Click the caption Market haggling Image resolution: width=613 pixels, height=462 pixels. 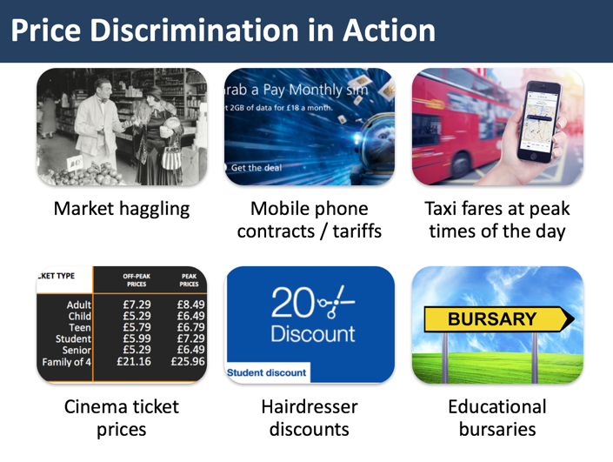pyautogui.click(x=121, y=210)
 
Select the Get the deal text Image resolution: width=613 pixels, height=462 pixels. pyautogui.click(x=257, y=167)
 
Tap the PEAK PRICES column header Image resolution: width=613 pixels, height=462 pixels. pyautogui.click(x=188, y=280)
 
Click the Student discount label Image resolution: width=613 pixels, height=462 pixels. pyautogui.click(x=267, y=372)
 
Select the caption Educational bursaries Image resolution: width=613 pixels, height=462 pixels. pyautogui.click(x=498, y=418)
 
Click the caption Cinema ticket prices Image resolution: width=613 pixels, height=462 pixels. pyautogui.click(x=121, y=418)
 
